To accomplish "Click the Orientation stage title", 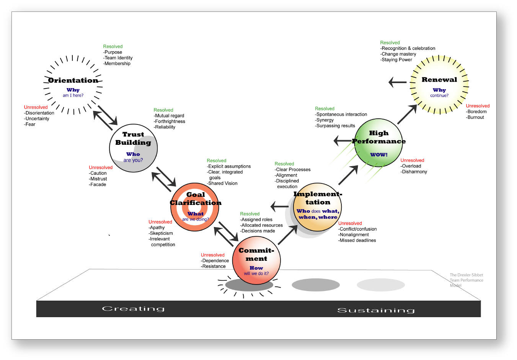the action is [73, 80].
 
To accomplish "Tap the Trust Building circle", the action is [134, 148].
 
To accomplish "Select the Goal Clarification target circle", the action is [195, 207].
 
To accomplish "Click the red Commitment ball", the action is [256, 260].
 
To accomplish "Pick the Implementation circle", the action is [317, 207].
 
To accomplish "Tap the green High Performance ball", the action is [378, 142].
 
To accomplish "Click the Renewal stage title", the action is [439, 80].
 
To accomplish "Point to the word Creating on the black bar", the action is [133, 309].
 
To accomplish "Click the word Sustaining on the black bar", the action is [376, 310].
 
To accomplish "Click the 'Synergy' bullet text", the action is [324, 120].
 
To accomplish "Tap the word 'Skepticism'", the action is [161, 233].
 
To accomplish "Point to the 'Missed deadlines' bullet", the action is [357, 241].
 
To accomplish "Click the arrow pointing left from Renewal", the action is [398, 82].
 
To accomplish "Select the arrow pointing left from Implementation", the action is [279, 206].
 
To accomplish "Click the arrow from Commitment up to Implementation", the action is [288, 235].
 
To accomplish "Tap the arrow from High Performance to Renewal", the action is [407, 114].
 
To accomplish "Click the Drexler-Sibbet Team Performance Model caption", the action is [466, 280].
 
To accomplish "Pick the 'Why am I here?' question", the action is [73, 92].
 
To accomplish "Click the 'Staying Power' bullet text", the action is [396, 60].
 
